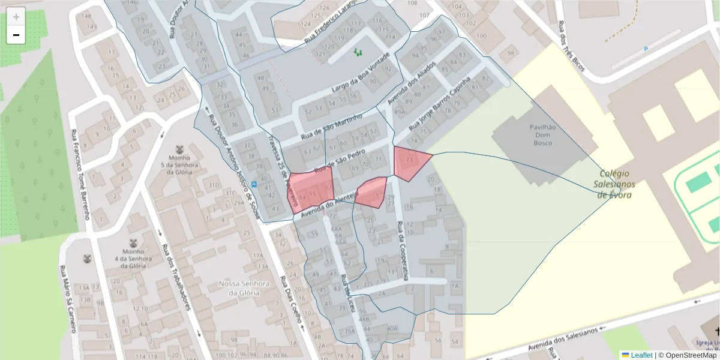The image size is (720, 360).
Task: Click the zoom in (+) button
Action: [x=16, y=16]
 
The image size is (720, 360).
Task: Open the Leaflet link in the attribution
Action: [x=641, y=355]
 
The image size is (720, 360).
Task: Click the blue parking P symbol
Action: [x=646, y=49]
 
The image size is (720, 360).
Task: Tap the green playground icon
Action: [x=358, y=53]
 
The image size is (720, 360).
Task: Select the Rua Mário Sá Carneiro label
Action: [x=68, y=298]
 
